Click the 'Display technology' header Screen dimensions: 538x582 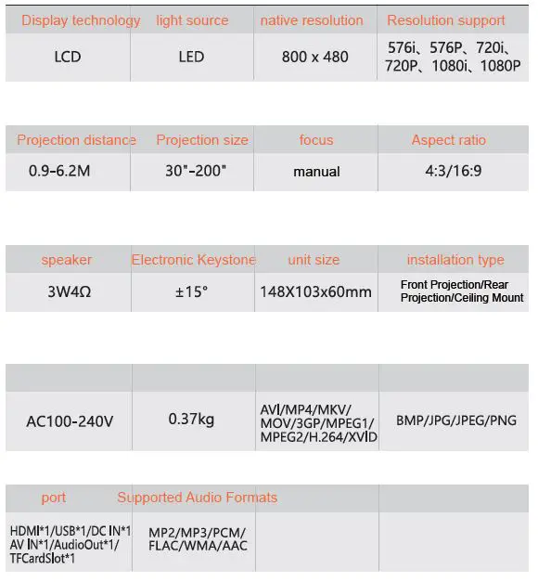pyautogui.click(x=81, y=20)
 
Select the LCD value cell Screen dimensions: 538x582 pyautogui.click(x=68, y=57)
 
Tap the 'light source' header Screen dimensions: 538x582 pyautogui.click(x=191, y=20)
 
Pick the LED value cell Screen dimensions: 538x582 pyautogui.click(x=191, y=57)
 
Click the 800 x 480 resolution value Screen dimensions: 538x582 pyautogui.click(x=315, y=57)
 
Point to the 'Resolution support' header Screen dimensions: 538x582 pyautogui.click(x=446, y=20)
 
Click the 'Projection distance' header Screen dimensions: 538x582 pyautogui.click(x=76, y=140)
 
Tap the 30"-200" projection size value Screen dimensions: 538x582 pyautogui.click(x=191, y=172)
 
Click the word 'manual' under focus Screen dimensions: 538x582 pyautogui.click(x=316, y=172)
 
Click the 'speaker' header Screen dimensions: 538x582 pyautogui.click(x=67, y=260)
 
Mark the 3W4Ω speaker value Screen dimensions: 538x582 pyautogui.click(x=68, y=291)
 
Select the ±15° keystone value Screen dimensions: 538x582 pyautogui.click(x=192, y=291)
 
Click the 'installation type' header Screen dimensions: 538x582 pyautogui.click(x=455, y=260)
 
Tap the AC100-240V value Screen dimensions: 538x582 pyautogui.click(x=70, y=420)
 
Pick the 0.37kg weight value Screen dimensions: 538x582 pyautogui.click(x=191, y=420)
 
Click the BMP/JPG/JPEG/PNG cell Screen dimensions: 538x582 pyautogui.click(x=455, y=420)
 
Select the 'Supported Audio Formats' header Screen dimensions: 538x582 pyautogui.click(x=198, y=498)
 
